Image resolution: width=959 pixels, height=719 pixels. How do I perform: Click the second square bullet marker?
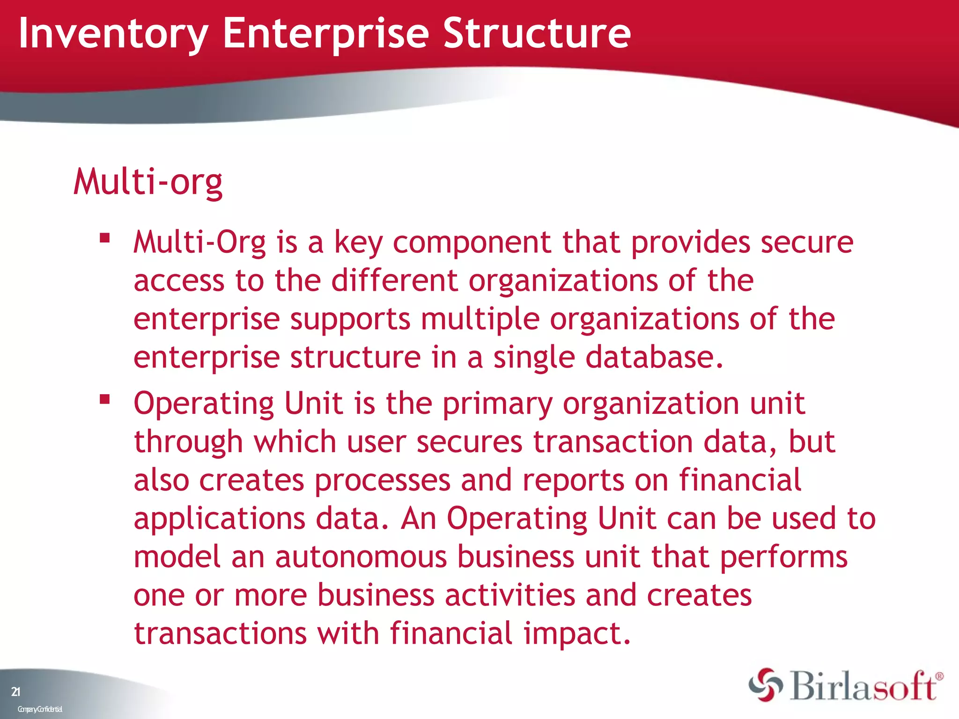(x=104, y=399)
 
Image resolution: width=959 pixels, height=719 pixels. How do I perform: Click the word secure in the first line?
(x=807, y=242)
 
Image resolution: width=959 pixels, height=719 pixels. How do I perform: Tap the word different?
(x=394, y=280)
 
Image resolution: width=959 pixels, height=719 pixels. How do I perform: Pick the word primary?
(x=497, y=404)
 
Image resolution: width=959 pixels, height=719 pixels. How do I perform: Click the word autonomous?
(x=361, y=557)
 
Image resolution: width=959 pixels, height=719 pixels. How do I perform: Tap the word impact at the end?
(x=577, y=634)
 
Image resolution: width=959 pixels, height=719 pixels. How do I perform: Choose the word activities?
(x=509, y=595)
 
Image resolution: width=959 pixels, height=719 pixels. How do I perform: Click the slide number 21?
(x=15, y=691)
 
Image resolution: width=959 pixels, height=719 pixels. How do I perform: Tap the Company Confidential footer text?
(x=40, y=709)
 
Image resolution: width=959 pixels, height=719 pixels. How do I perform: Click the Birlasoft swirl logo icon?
(x=766, y=685)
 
